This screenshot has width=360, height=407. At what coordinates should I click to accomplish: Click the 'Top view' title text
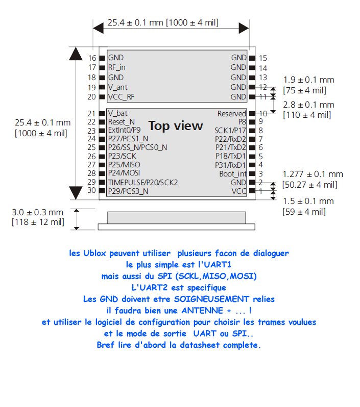coord(175,126)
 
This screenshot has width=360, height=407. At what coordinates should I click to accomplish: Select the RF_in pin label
coord(116,67)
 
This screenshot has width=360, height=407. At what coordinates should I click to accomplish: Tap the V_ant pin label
coord(117,87)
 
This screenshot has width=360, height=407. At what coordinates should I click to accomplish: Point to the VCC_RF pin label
coord(122,97)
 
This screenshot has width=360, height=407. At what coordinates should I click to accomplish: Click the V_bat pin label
coord(117,113)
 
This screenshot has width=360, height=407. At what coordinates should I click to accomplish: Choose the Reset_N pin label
coord(122,122)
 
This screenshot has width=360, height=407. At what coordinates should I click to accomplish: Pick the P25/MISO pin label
coord(124,165)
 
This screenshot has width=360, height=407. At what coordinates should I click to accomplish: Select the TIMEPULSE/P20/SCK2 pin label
coord(142,182)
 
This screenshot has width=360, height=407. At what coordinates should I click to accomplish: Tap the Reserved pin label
coord(231,114)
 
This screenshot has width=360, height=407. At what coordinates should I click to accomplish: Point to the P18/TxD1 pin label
coord(230,157)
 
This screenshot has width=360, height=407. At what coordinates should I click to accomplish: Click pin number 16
coord(92,58)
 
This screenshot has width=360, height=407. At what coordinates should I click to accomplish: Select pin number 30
coord(92,191)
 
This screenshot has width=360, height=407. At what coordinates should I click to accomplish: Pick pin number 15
coord(263,58)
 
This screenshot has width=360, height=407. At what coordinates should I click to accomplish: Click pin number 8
coord(260,131)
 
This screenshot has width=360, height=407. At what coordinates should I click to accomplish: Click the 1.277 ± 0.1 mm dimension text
coord(313,174)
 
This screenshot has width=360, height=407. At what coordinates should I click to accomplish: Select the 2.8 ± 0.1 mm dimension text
coord(308,105)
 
